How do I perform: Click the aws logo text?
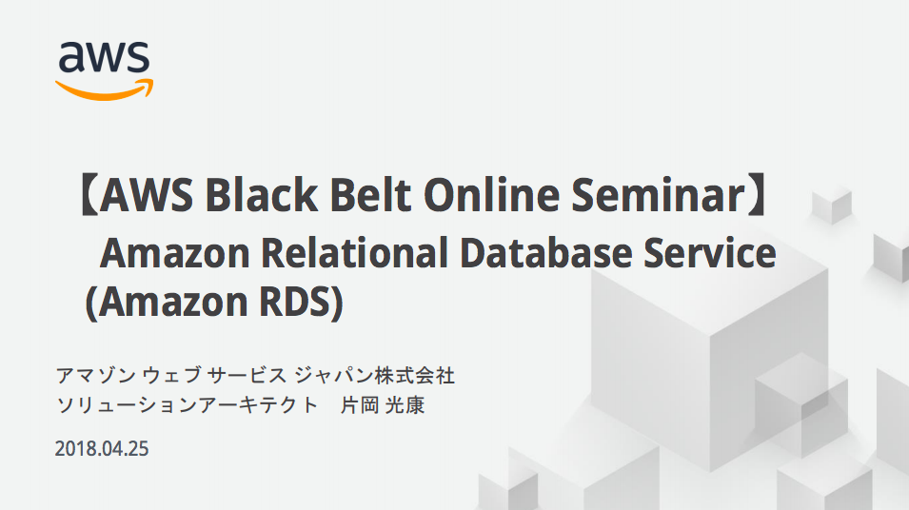tap(104, 57)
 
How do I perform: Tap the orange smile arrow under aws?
tap(105, 89)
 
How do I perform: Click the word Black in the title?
tap(261, 195)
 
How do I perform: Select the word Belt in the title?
tap(371, 195)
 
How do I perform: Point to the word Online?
tap(491, 195)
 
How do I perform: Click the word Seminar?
tap(658, 195)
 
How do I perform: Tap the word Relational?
tap(354, 253)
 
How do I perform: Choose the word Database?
tap(546, 253)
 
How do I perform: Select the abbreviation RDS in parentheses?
tap(294, 302)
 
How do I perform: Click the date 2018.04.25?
tap(102, 449)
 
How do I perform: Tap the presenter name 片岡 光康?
tap(383, 405)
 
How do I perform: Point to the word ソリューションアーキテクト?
tap(188, 405)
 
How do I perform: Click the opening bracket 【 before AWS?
tap(89, 195)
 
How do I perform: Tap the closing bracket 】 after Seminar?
tap(757, 195)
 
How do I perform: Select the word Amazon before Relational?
tap(174, 253)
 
